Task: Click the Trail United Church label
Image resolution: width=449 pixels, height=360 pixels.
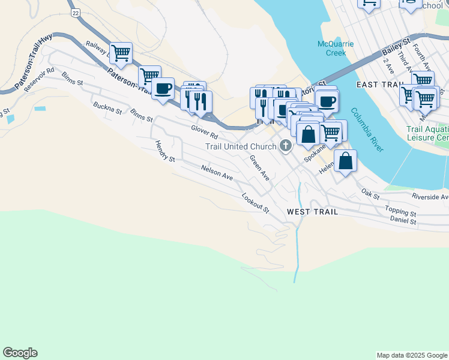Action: pyautogui.click(x=240, y=146)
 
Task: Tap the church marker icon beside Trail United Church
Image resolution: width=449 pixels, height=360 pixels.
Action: pyautogui.click(x=285, y=146)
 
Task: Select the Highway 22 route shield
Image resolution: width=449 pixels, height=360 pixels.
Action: pyautogui.click(x=74, y=12)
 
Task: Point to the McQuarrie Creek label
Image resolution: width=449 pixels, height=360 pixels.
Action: pyautogui.click(x=336, y=48)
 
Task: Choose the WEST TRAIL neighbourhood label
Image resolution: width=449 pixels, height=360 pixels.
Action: pyautogui.click(x=312, y=212)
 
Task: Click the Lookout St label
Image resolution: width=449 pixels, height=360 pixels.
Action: pyautogui.click(x=255, y=202)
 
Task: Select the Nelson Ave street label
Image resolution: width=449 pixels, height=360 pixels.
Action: pyautogui.click(x=217, y=173)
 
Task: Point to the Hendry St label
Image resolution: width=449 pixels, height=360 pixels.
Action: pyautogui.click(x=164, y=152)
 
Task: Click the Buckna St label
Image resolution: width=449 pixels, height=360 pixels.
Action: pyautogui.click(x=107, y=108)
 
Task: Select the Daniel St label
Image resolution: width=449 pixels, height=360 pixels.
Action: pyautogui.click(x=403, y=221)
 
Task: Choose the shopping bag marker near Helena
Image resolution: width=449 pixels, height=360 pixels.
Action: pyautogui.click(x=345, y=161)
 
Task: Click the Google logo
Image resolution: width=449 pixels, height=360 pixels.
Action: pyautogui.click(x=20, y=353)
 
